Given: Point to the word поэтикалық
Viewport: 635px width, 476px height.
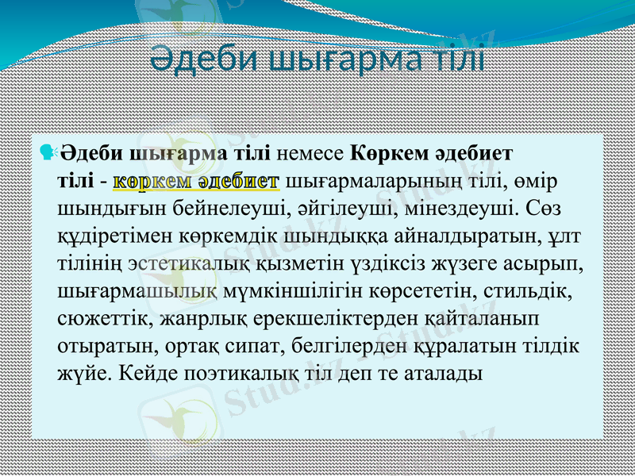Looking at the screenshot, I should (x=235, y=377).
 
